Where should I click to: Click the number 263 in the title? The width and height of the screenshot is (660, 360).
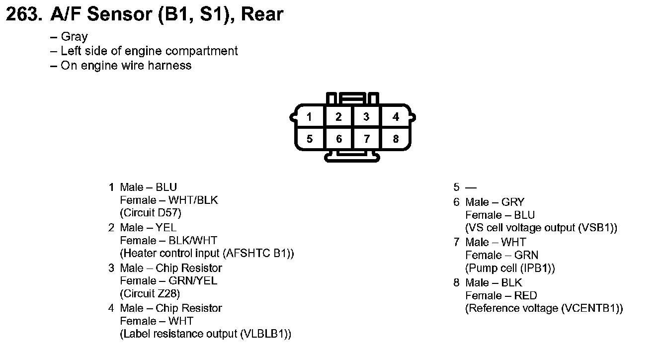pyautogui.click(x=24, y=14)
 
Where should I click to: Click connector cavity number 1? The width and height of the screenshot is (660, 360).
pyautogui.click(x=309, y=117)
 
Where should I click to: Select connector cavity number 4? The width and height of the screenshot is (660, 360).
pyautogui.click(x=396, y=117)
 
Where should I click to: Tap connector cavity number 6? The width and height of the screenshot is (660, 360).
pyautogui.click(x=339, y=139)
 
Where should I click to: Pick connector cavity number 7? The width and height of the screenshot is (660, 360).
pyautogui.click(x=367, y=139)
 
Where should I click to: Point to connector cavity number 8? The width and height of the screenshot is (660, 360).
pyautogui.click(x=396, y=139)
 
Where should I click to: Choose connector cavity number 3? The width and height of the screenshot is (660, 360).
pyautogui.click(x=366, y=117)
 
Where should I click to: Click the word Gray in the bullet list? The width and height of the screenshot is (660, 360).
pyautogui.click(x=74, y=37)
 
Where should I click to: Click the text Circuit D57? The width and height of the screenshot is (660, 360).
pyautogui.click(x=151, y=213)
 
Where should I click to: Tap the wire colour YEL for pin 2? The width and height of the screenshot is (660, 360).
pyautogui.click(x=166, y=228)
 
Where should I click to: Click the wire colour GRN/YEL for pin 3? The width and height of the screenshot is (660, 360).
pyautogui.click(x=193, y=280)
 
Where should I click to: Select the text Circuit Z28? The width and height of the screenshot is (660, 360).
pyautogui.click(x=150, y=294)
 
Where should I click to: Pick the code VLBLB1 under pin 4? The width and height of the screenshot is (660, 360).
pyautogui.click(x=265, y=334)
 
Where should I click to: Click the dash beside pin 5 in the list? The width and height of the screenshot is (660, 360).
pyautogui.click(x=471, y=187)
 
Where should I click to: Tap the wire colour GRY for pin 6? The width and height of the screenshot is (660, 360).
pyautogui.click(x=513, y=202)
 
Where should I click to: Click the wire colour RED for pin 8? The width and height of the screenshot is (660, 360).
pyautogui.click(x=526, y=295)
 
